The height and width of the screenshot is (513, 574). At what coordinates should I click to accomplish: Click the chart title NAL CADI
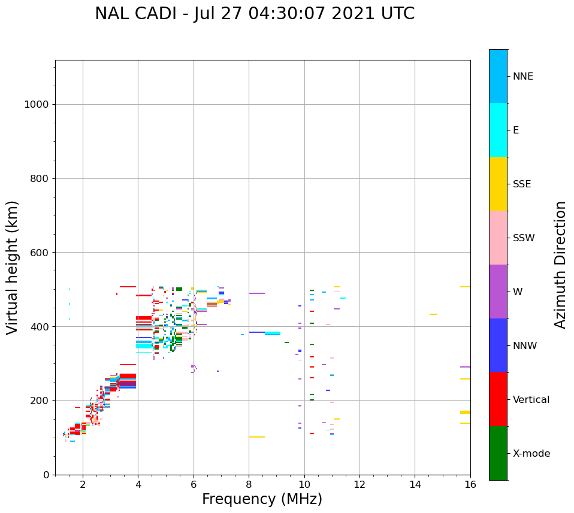[255, 14]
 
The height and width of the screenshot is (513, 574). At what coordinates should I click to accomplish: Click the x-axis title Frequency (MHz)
[262, 499]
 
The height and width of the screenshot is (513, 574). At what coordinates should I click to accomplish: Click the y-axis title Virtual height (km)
[13, 267]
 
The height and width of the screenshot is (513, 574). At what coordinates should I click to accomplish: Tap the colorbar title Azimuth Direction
[560, 265]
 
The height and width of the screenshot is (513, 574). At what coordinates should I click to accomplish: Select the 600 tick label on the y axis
[40, 253]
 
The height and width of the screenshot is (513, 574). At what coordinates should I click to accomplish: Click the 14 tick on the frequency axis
[415, 484]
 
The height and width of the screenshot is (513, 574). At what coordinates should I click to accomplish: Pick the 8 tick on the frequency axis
[249, 484]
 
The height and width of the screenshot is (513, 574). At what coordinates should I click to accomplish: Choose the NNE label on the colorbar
[522, 77]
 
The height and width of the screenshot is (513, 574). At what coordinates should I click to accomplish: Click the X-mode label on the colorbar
[531, 454]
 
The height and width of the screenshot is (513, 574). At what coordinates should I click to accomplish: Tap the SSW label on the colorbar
[524, 238]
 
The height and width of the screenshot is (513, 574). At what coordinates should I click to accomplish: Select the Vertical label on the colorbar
[531, 400]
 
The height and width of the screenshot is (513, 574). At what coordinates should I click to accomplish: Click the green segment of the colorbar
[498, 453]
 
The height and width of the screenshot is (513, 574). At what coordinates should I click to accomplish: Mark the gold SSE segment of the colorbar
[498, 184]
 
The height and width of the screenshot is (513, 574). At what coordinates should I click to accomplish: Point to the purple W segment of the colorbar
[498, 292]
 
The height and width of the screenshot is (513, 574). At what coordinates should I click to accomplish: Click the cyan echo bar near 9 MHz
[273, 333]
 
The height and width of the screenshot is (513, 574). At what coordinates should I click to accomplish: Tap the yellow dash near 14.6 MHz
[433, 314]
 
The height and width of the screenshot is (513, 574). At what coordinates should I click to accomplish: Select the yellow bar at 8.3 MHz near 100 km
[257, 437]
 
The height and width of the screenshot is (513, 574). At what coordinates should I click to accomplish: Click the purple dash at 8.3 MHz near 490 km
[257, 293]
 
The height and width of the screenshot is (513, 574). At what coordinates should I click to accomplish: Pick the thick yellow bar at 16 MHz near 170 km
[465, 412]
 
